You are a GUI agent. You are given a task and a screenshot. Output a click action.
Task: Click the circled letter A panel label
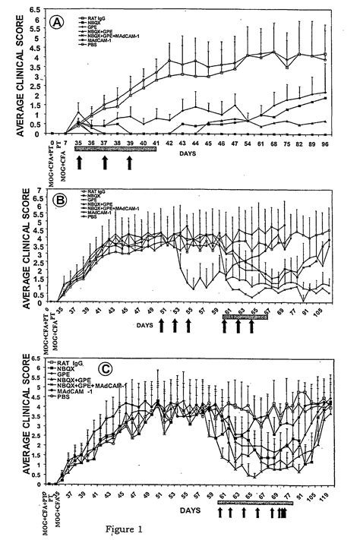point(55,24)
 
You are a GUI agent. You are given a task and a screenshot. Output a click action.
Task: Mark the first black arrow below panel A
point(80,163)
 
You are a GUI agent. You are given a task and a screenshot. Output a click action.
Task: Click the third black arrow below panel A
point(130,163)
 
